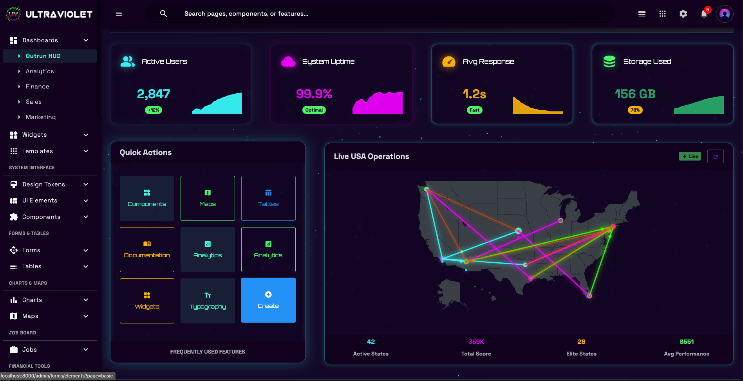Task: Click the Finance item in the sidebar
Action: (x=37, y=87)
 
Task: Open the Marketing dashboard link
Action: (x=40, y=117)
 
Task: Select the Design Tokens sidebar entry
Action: (x=43, y=184)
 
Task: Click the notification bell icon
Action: (x=704, y=14)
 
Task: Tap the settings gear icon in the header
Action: (x=683, y=14)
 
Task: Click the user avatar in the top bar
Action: (x=725, y=14)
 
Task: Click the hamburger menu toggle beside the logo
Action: (x=119, y=14)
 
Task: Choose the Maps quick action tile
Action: (x=208, y=198)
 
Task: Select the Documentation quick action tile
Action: (x=147, y=249)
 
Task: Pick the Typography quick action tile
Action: (x=208, y=301)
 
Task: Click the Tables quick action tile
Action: (x=268, y=198)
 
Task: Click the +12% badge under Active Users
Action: (x=154, y=110)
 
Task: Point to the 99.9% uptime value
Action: (x=314, y=94)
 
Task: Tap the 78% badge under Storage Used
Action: (x=635, y=110)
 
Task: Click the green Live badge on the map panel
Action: (x=690, y=156)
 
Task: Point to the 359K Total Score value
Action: (x=476, y=342)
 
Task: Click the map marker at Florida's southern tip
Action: (x=589, y=296)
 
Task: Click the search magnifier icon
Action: (x=164, y=14)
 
